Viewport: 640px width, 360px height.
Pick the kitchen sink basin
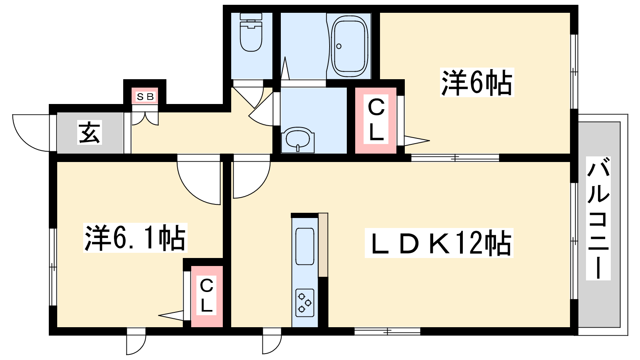tap(305, 246)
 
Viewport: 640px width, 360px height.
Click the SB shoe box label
tap(145, 97)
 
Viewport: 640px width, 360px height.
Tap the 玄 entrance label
tap(90, 133)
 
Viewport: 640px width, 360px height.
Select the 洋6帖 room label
tap(476, 83)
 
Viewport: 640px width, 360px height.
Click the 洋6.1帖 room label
tap(135, 238)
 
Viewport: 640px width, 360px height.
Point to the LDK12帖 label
tap(439, 243)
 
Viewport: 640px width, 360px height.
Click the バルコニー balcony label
tap(598, 218)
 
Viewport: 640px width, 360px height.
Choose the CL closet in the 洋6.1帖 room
tap(206, 296)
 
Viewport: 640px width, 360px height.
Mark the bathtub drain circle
tap(339, 46)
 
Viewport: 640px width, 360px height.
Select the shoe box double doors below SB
tap(145, 118)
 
